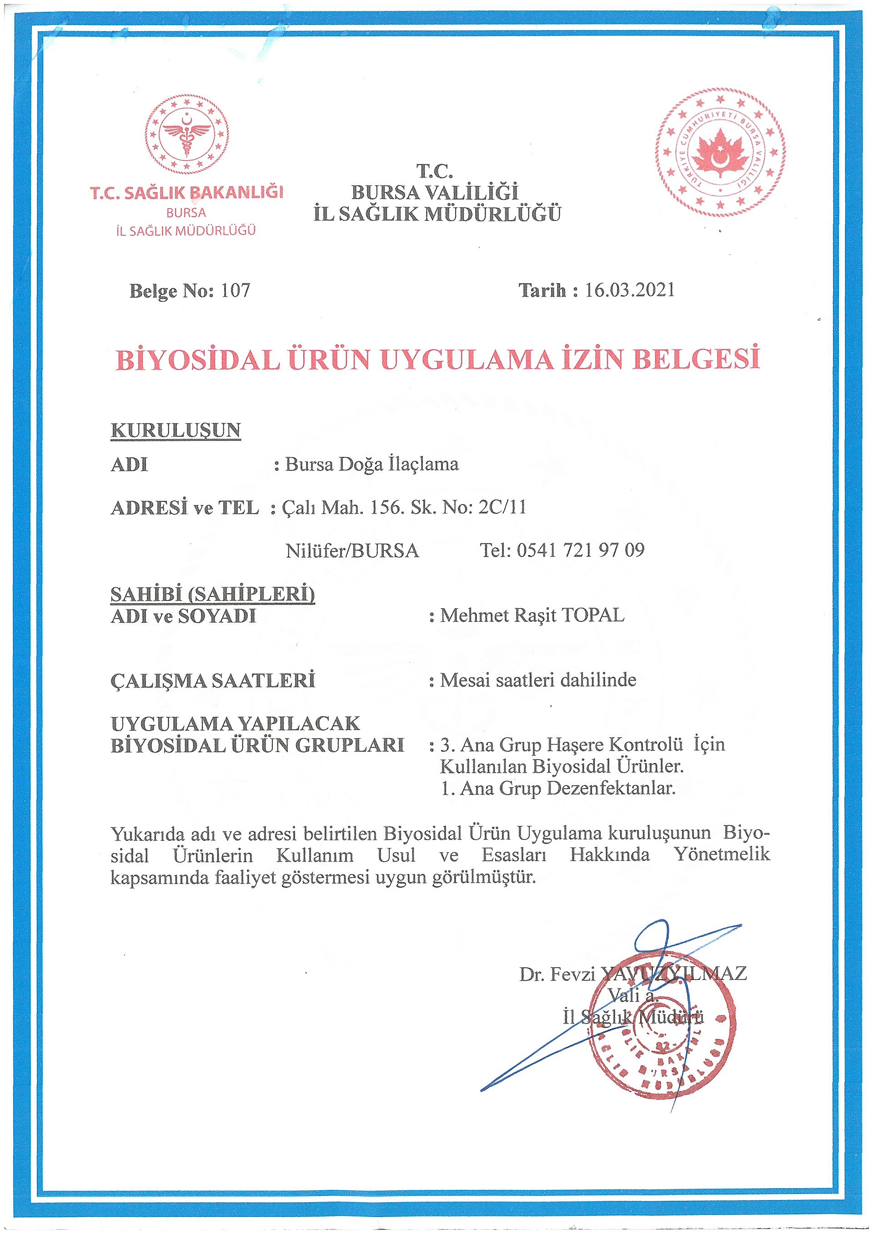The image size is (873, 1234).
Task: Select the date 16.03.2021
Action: (629, 290)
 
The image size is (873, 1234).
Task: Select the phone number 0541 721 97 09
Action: (580, 550)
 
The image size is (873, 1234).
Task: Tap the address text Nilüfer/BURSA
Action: (352, 550)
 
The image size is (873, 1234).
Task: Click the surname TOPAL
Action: (592, 615)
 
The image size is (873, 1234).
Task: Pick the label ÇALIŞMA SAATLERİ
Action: (213, 680)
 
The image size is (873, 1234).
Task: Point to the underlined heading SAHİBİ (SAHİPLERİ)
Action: (212, 594)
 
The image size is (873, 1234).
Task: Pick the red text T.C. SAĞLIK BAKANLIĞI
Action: (186, 192)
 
